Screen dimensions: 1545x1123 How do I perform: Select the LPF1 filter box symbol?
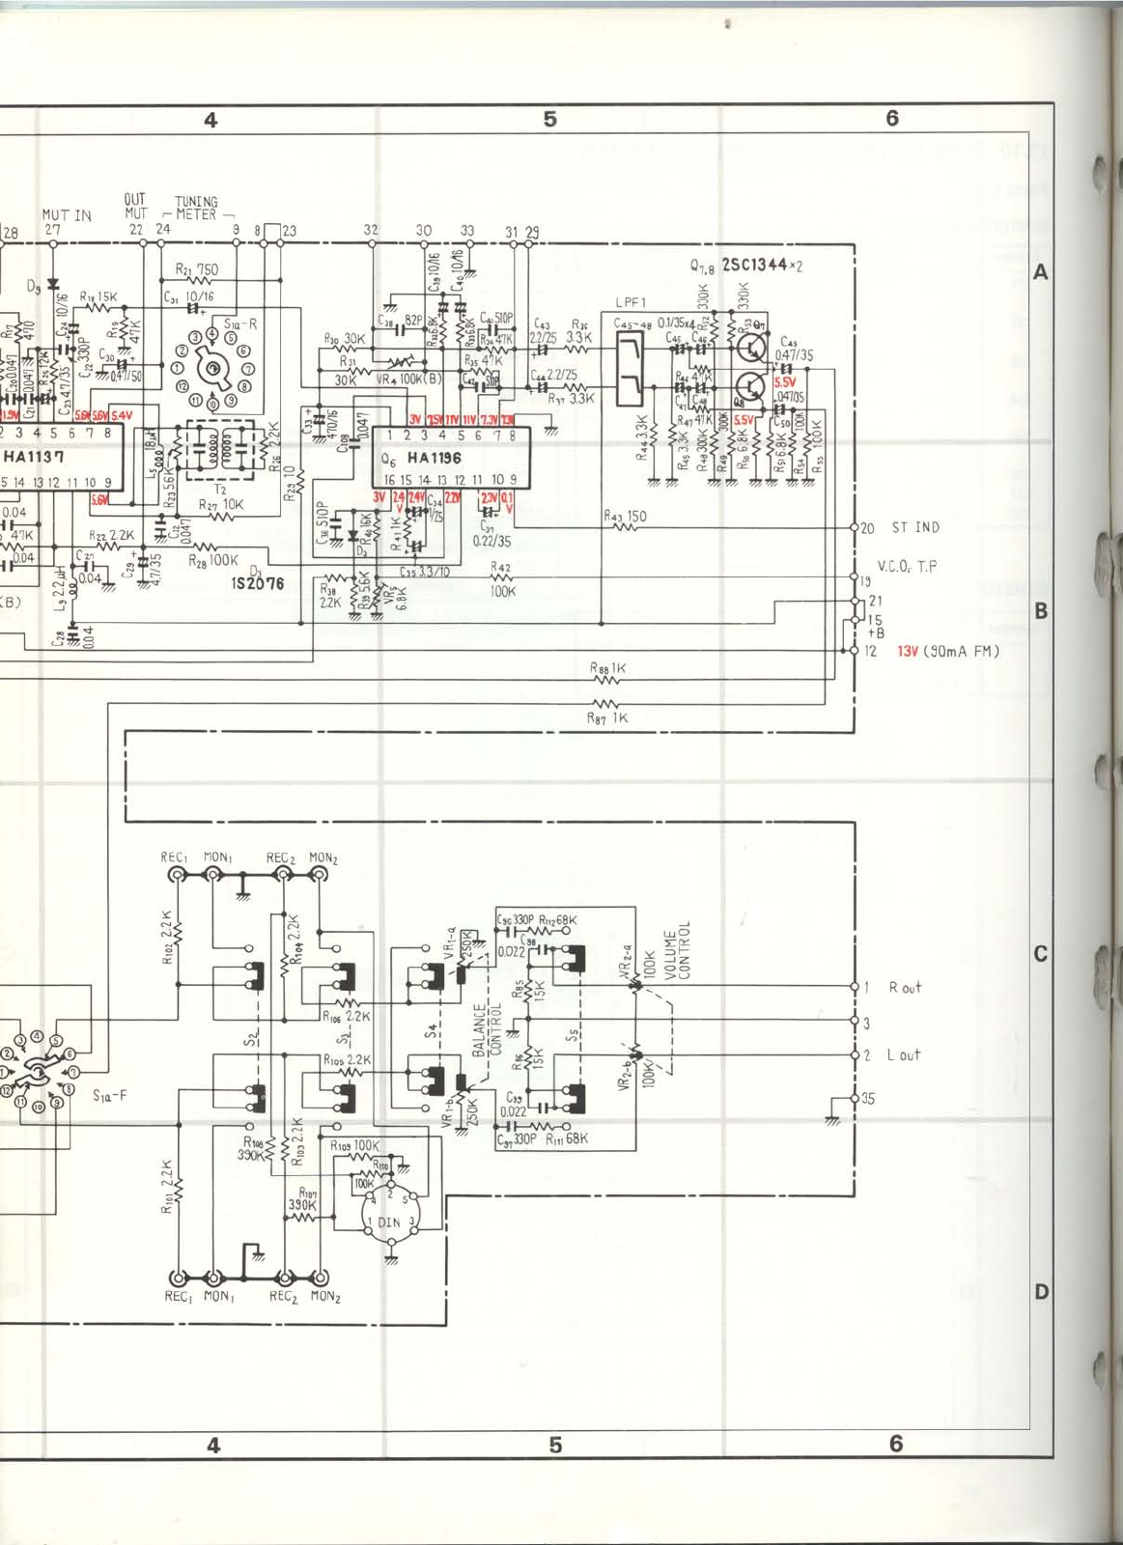coord(630,359)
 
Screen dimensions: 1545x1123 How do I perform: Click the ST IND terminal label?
coord(914,527)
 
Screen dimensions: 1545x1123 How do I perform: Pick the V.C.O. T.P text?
coord(907,567)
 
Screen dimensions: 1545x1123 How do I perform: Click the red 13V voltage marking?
coord(908,651)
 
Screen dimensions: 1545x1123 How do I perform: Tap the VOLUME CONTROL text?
coord(677,950)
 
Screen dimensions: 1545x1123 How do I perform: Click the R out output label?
coord(905,987)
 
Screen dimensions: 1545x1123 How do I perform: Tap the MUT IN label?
coord(67,214)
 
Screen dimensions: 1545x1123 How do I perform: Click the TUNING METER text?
coord(196,208)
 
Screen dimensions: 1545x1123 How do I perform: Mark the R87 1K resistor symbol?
coord(605,704)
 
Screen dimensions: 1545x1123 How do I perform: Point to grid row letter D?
coord(1041,1291)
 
